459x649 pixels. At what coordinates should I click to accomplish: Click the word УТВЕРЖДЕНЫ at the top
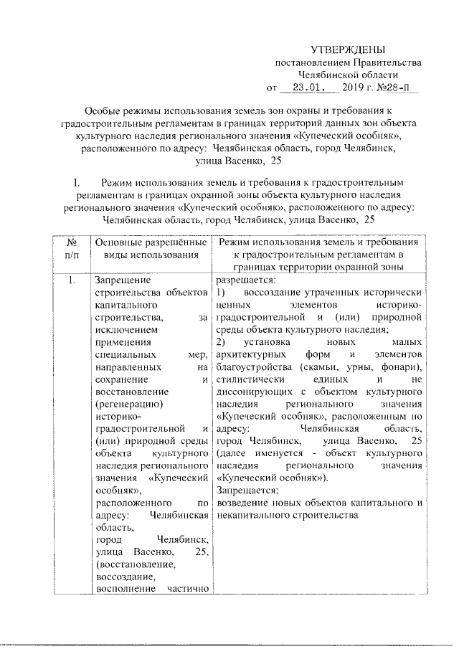point(348,49)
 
